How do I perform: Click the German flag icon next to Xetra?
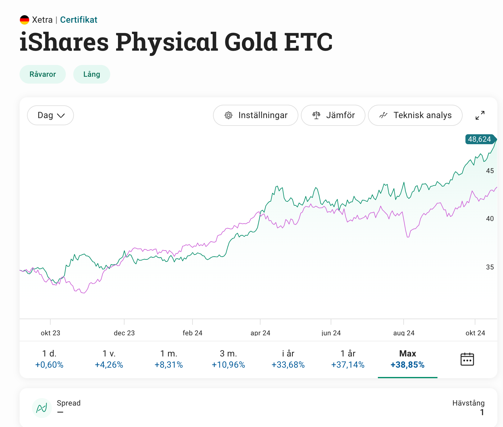pos(25,20)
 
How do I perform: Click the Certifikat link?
pos(79,20)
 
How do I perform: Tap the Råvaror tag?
pos(43,74)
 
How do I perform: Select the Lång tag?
pos(92,74)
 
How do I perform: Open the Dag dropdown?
pos(50,115)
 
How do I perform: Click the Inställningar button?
pos(256,115)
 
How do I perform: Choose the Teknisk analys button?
pos(415,115)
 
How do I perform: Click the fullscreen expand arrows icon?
pos(480,115)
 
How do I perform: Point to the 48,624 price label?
pos(479,139)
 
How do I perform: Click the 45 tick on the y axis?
pos(490,171)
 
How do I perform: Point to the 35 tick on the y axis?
pos(490,267)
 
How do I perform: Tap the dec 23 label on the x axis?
pos(124,333)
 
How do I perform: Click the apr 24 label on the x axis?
pos(260,333)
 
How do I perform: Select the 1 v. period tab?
pos(109,359)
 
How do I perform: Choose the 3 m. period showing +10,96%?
pos(228,359)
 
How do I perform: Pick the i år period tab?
pos(288,359)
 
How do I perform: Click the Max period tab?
pos(407,359)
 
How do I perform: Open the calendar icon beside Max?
pos(467,359)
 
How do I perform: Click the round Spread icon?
pos(42,408)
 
